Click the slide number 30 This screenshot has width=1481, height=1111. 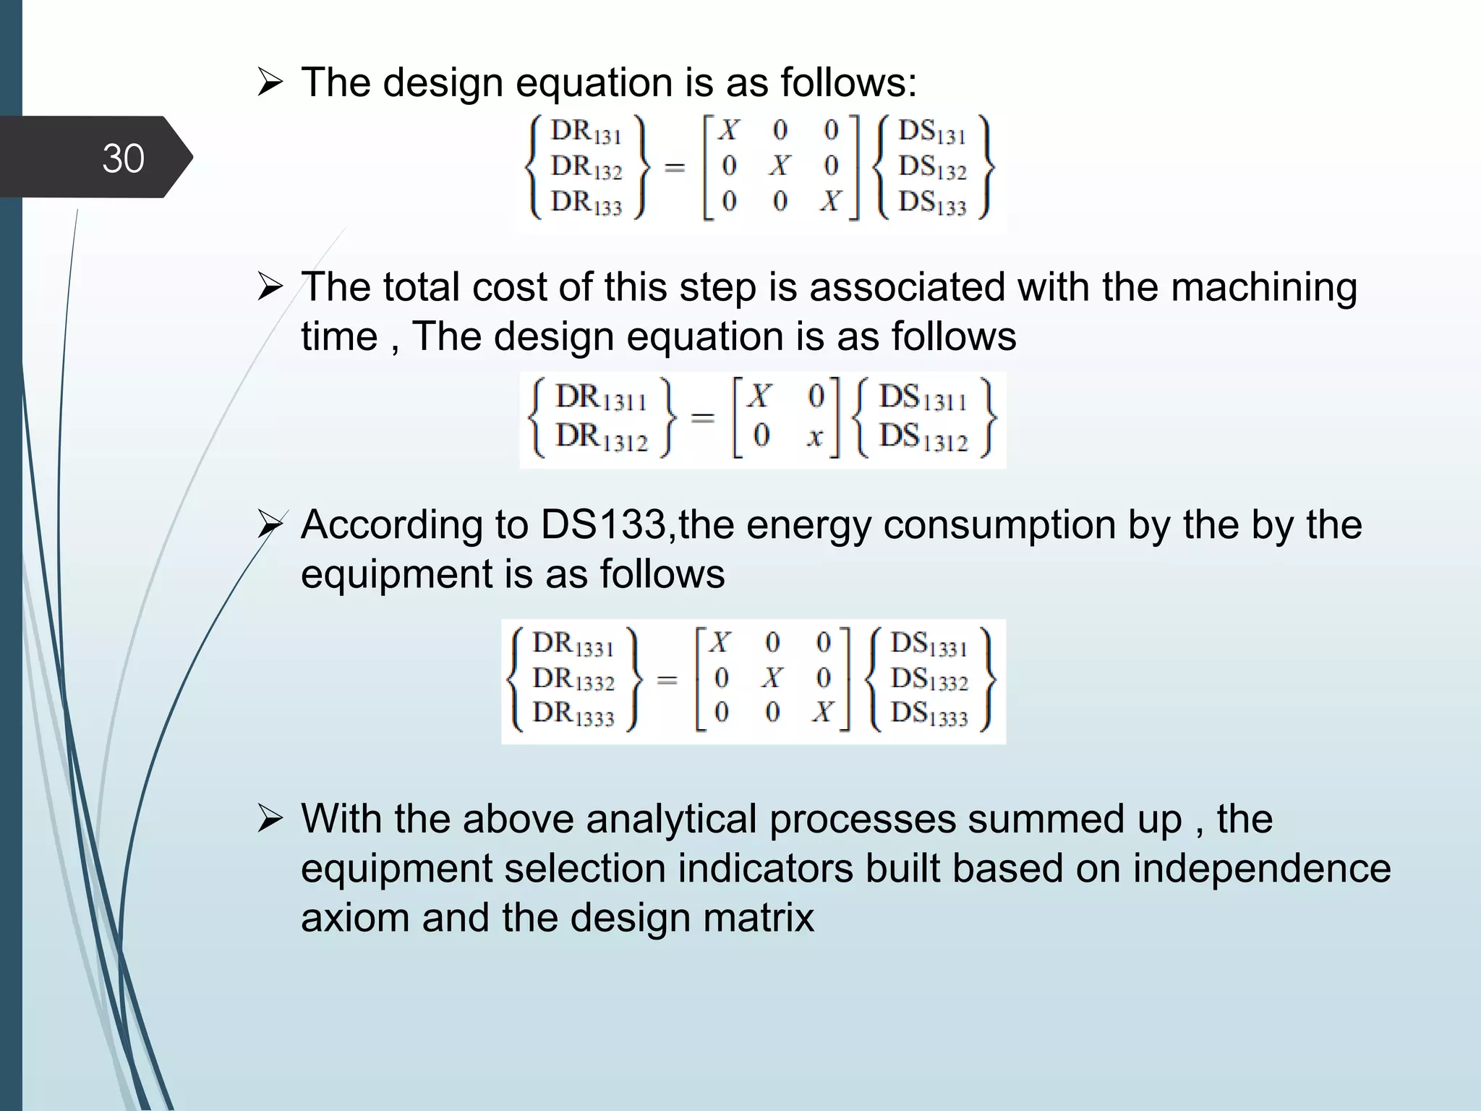[123, 158]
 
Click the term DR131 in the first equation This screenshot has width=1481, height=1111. [586, 132]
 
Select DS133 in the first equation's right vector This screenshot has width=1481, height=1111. [932, 203]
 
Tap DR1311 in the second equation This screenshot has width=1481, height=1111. [601, 398]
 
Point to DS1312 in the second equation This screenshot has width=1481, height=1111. [923, 438]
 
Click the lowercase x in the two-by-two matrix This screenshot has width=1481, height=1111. [815, 437]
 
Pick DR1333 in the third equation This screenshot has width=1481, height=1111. [573, 714]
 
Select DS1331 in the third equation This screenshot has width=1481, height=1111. [929, 644]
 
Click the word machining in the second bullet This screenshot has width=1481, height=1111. [1263, 287]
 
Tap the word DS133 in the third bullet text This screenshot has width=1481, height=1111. [602, 524]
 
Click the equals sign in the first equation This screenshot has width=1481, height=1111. [674, 168]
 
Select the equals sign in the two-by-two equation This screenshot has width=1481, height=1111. [702, 417]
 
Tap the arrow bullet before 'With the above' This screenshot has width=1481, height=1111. [270, 820]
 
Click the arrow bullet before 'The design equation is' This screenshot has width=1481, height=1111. [270, 83]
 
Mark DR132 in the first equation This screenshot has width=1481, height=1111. [586, 167]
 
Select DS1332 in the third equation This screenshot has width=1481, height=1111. [929, 679]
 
